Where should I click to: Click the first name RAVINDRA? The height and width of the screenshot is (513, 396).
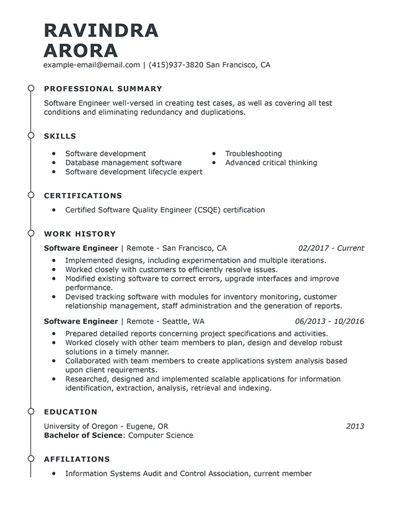pos(101,31)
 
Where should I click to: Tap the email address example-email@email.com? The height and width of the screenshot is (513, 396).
pos(92,65)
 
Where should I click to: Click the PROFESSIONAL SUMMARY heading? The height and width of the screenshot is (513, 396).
pos(103,89)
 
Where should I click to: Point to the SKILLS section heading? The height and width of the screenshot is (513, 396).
pos(60,136)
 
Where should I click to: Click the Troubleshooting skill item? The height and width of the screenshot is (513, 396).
pos(253,153)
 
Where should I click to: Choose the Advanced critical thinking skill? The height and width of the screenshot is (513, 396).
pos(271,163)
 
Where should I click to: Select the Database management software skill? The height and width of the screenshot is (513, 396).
pos(123,163)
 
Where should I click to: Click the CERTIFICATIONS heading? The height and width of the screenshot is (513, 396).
pos(83,196)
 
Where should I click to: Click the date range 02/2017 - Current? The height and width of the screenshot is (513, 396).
pos(331,248)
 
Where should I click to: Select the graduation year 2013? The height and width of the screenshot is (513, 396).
pos(355,426)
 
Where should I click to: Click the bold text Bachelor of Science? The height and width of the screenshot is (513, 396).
pos(83,435)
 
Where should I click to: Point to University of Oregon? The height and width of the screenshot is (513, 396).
pos(81,426)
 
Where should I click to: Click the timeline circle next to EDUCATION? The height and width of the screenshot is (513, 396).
pos(31,412)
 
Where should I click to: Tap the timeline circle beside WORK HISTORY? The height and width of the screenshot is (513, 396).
pos(31,234)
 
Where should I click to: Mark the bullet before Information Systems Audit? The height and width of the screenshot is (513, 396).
pos(54,474)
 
